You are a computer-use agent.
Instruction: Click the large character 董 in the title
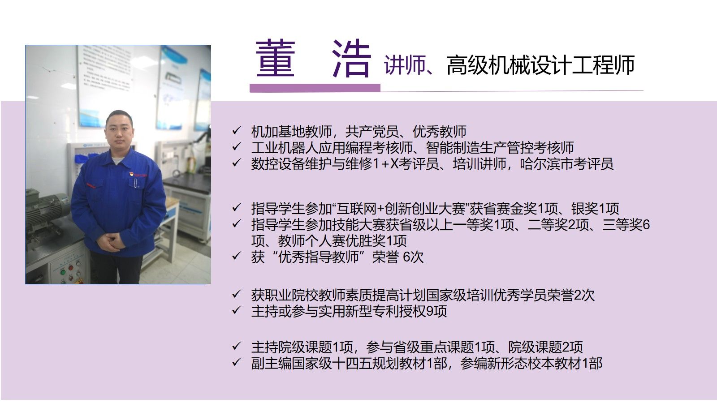click(275, 59)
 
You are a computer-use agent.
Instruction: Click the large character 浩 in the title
click(351, 59)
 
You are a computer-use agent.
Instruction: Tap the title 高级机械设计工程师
click(540, 65)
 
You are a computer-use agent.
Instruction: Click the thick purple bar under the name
click(315, 88)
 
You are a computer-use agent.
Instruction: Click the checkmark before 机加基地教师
click(237, 130)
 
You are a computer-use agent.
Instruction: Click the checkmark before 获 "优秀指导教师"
click(237, 256)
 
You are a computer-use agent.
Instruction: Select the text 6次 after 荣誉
click(413, 257)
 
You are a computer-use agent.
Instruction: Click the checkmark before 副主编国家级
click(237, 362)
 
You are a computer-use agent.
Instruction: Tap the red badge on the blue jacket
click(131, 175)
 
